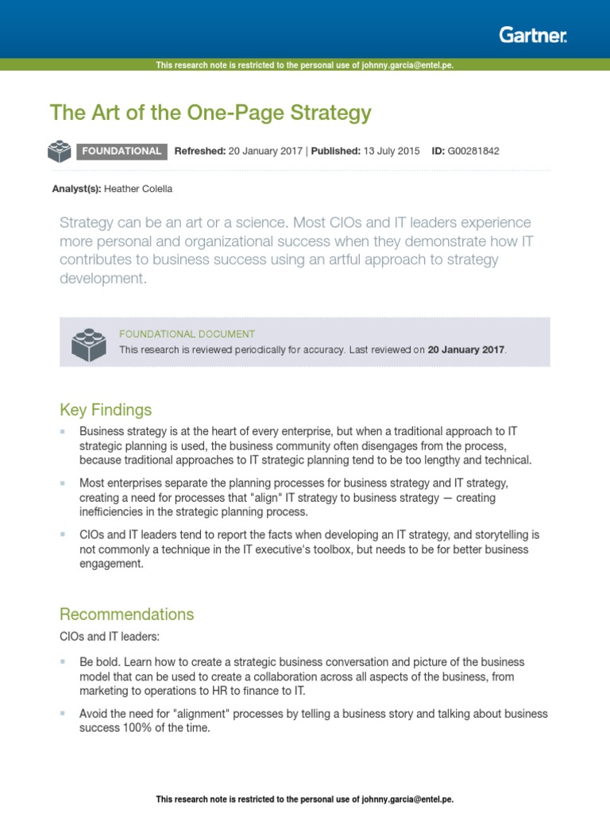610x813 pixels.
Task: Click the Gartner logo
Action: coord(533,34)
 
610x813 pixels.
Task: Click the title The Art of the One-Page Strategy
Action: coord(210,113)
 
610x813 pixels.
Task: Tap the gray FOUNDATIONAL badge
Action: coord(122,151)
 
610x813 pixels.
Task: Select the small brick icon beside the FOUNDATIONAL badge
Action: coord(60,151)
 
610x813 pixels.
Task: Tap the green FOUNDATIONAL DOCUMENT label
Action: coord(187,334)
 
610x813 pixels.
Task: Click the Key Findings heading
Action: coord(106,410)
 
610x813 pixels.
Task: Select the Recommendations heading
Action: coord(126,615)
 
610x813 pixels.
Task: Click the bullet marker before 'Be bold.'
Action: coord(63,661)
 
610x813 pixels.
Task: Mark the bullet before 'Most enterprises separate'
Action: coord(63,483)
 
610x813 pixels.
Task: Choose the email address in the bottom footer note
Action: coord(407,799)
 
